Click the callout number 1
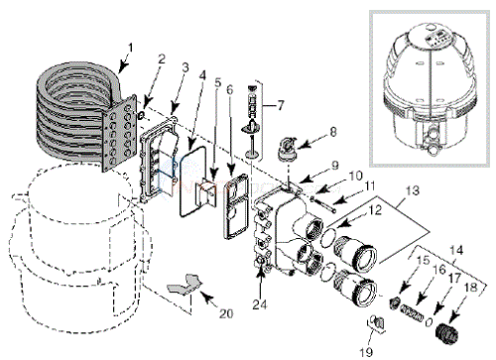(130, 49)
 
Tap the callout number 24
(260, 304)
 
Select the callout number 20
(226, 313)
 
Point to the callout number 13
(413, 191)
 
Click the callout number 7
(280, 106)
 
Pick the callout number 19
(366, 351)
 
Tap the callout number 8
(332, 132)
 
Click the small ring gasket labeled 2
(141, 115)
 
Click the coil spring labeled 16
(412, 313)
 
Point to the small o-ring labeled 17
(429, 321)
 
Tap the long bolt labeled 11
(323, 203)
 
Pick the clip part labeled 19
(377, 323)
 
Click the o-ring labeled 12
(329, 235)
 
